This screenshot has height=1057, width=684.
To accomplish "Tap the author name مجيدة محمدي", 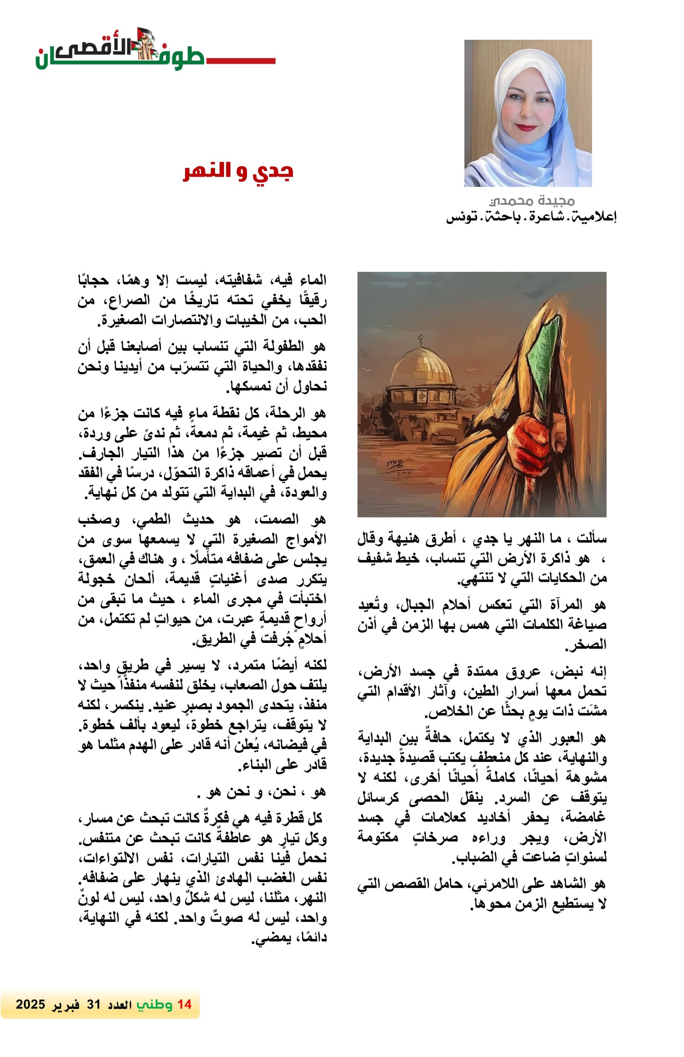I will [531, 201].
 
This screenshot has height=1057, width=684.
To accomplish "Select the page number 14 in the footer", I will [184, 1004].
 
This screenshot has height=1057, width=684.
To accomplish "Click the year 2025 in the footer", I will [30, 1004].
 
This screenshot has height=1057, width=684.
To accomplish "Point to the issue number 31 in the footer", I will [94, 1004].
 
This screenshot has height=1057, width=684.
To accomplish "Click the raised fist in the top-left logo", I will [145, 44].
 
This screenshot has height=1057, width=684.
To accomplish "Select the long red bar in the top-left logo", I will [240, 60].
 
